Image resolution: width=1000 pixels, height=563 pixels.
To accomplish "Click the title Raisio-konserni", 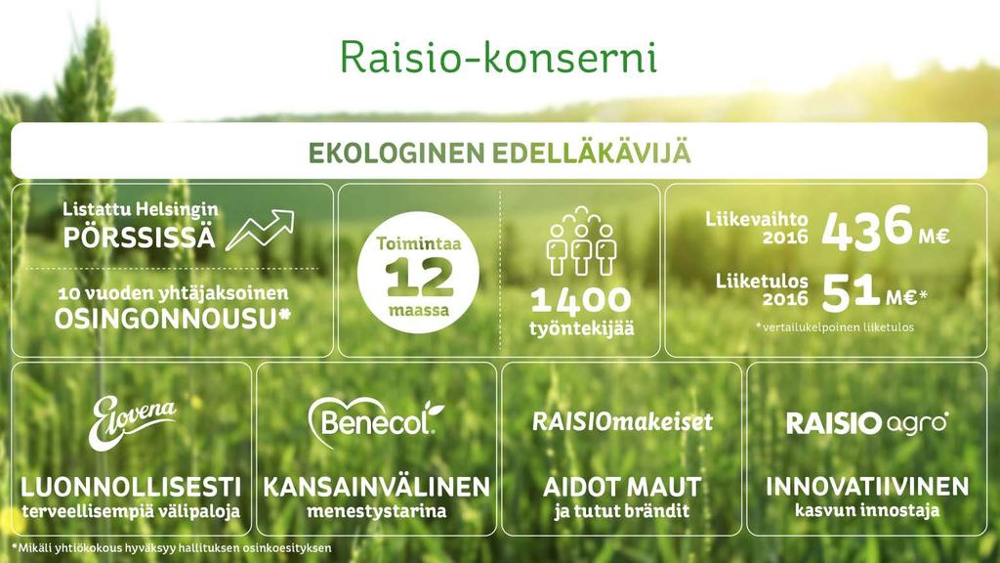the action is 498,57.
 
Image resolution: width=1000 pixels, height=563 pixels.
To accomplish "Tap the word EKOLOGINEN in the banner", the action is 396,153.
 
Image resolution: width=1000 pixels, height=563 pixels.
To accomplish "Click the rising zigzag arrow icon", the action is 260,230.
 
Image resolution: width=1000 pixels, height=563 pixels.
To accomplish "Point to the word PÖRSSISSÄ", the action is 139,237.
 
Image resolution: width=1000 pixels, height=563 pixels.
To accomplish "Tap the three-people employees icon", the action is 580,241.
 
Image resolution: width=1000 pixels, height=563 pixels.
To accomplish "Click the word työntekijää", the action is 582,328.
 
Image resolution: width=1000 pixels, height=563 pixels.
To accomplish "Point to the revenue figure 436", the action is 867,227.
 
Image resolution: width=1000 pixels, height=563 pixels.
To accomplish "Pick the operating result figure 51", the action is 851,292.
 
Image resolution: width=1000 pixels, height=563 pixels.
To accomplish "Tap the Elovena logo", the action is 132,421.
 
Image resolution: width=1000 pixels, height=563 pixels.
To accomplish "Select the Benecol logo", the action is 376,420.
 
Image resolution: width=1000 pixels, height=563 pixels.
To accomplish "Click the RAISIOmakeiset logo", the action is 622,421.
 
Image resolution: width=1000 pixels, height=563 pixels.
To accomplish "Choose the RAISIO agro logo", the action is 867,422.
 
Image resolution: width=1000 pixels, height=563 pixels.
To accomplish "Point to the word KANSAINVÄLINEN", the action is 376,487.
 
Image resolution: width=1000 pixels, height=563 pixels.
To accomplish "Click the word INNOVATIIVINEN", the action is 867,487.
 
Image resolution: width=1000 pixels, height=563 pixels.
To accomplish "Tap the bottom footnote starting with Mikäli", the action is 172,547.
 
